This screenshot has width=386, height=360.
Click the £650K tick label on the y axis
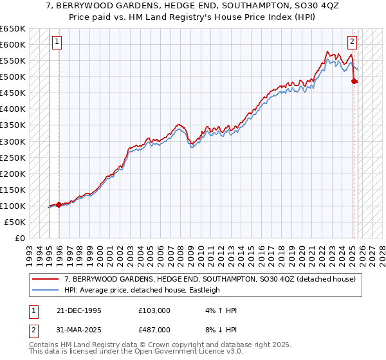coord(13,29)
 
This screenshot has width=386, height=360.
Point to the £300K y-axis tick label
coord(13,141)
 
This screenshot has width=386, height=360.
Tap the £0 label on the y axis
coord(20,238)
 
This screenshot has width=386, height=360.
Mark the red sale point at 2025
coord(354,81)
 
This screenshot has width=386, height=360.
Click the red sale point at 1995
coord(59,204)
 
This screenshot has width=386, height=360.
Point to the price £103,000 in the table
coord(154,310)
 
